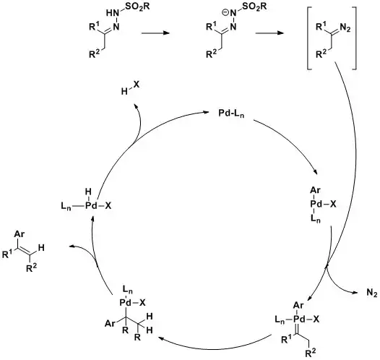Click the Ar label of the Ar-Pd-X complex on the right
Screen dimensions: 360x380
point(316,192)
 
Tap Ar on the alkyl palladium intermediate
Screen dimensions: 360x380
point(110,322)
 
